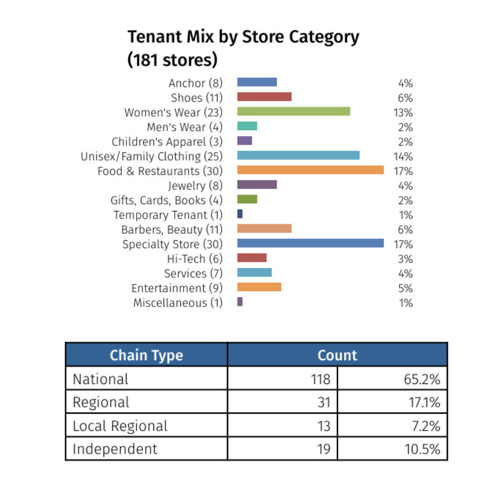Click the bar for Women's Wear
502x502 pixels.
tap(293, 111)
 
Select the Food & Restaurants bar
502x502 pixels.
tap(310, 170)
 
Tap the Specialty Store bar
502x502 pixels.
tap(310, 243)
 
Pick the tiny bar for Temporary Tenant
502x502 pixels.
tap(240, 214)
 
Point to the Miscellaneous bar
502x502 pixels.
tap(240, 302)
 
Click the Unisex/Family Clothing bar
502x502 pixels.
tap(298, 155)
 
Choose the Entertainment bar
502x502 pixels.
tap(259, 287)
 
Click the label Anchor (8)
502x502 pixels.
tap(196, 83)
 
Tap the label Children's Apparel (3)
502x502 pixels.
tap(167, 142)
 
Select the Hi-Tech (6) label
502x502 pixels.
tap(195, 259)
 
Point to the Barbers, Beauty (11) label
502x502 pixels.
tap(172, 230)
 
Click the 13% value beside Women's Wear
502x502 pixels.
tap(403, 113)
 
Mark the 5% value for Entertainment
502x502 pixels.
tap(405, 288)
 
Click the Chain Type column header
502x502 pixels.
tap(146, 356)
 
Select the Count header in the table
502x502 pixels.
tap(337, 356)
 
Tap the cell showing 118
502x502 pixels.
tap(320, 379)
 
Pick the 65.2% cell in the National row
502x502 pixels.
tap(421, 379)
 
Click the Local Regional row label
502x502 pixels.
tap(120, 426)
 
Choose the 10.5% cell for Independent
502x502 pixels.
tap(421, 449)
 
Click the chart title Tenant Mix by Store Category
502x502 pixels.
tap(243, 37)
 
